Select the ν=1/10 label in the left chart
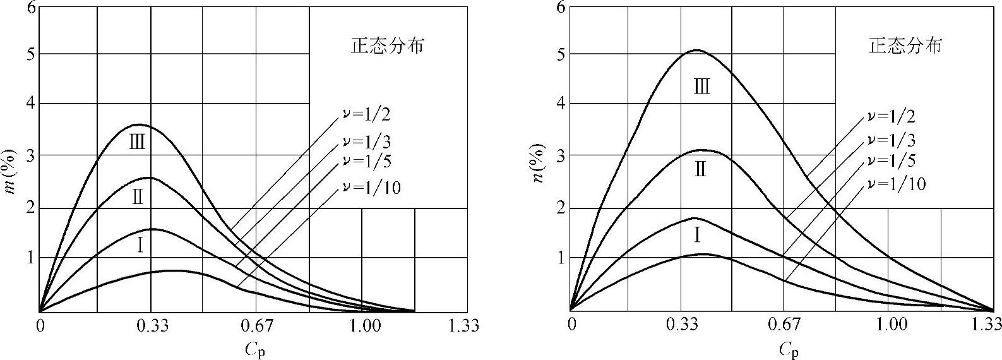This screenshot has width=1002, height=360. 373,187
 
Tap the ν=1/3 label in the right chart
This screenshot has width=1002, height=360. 892,140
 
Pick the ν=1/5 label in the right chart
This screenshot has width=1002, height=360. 892,160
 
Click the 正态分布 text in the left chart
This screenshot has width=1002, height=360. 387,46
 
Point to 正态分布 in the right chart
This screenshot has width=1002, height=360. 905,46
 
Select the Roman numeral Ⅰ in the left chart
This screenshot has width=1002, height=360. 140,245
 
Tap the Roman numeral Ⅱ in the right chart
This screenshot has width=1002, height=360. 700,169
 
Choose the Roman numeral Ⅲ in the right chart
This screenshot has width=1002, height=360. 701,87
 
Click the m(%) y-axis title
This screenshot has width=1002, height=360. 11,172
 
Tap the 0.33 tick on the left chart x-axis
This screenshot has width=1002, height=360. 152,326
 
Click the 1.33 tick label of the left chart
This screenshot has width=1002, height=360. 465,326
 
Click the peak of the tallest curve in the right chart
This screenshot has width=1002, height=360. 696,50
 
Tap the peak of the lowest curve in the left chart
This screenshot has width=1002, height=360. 172,270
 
